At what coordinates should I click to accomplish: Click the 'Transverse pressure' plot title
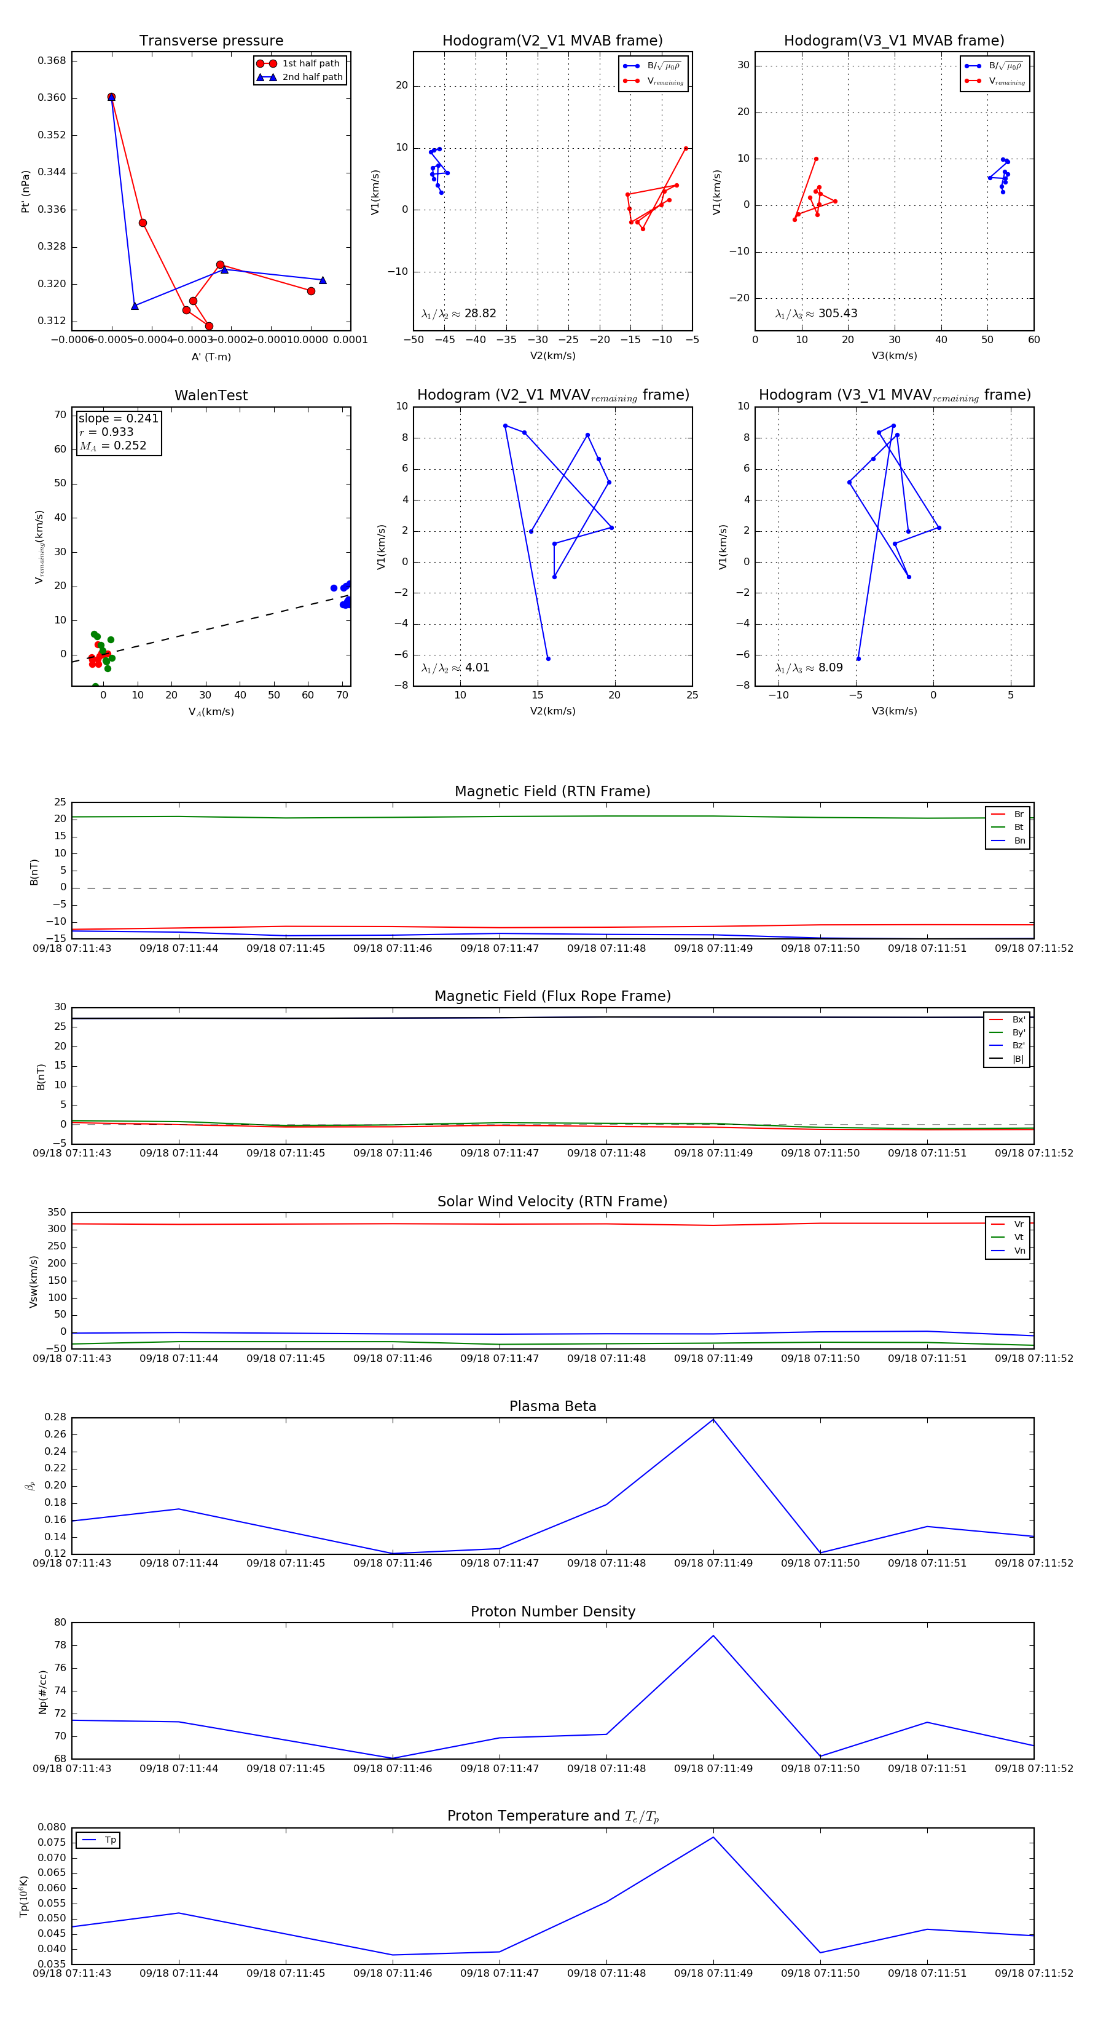(x=211, y=41)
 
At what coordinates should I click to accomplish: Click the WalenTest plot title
(x=211, y=395)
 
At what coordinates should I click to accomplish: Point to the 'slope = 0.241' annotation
(x=118, y=418)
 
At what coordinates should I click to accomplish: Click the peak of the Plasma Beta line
(x=713, y=1419)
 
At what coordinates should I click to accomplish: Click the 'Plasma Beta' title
(x=552, y=1407)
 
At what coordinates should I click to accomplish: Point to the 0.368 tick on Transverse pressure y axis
(x=52, y=61)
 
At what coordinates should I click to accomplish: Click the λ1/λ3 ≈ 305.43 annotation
(x=817, y=314)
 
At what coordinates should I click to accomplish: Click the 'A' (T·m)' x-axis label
(x=211, y=357)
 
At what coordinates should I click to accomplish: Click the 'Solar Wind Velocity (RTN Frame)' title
(x=552, y=1201)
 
